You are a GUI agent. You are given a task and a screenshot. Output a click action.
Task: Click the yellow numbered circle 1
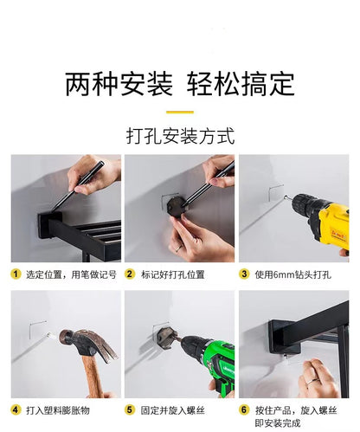(16, 274)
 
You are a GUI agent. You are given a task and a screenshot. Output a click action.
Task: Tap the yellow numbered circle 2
(130, 274)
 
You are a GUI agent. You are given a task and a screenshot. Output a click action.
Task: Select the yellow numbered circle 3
(244, 274)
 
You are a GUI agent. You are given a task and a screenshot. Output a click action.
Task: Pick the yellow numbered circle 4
(16, 409)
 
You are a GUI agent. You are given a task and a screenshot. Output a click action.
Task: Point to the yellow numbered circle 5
(130, 409)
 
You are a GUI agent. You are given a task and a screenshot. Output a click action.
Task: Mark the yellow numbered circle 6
(244, 409)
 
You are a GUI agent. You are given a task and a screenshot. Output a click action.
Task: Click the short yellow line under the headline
(180, 112)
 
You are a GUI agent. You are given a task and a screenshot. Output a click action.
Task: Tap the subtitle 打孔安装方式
(180, 136)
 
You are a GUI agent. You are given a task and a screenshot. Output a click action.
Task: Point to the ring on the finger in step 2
(179, 248)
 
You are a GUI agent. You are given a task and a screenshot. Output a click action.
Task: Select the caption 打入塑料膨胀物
(58, 410)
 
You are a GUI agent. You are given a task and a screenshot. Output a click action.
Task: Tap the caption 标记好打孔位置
(172, 274)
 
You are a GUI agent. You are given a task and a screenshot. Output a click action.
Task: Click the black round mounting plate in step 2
(177, 205)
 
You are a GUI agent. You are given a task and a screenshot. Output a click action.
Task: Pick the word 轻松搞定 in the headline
(241, 84)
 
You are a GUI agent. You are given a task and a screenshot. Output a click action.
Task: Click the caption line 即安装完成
(278, 423)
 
